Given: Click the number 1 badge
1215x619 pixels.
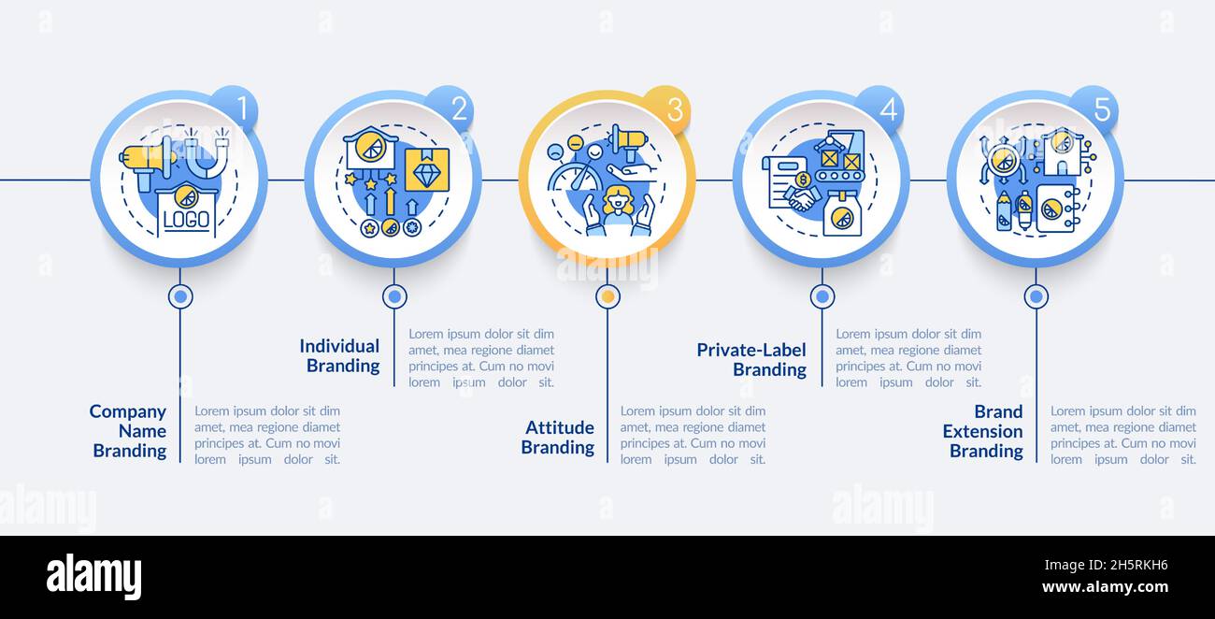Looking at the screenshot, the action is (x=239, y=108).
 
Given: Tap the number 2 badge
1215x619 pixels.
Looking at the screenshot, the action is (x=456, y=108).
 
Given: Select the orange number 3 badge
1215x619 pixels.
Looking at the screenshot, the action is (x=671, y=109).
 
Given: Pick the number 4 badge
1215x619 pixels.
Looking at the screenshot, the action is (x=885, y=109).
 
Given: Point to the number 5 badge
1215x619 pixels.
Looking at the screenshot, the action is (x=1099, y=109).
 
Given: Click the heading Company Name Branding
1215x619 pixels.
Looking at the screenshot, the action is (x=129, y=431).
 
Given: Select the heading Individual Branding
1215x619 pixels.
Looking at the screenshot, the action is (x=340, y=355).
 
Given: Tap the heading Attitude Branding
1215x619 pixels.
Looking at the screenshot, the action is (x=558, y=438).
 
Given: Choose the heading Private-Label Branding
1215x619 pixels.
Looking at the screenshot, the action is (x=752, y=359).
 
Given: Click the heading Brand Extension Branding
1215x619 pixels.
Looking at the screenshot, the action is (x=983, y=431).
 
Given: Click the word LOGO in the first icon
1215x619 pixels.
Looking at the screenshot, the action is (x=186, y=221).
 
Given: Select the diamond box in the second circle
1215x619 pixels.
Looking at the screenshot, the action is (x=426, y=170).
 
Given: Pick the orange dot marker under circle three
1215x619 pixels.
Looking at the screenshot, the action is (x=607, y=296).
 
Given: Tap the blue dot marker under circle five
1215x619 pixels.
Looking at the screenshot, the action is (x=1036, y=296).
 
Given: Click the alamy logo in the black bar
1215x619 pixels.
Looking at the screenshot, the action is (x=93, y=576).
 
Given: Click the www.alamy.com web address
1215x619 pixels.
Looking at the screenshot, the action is (x=1105, y=588).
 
